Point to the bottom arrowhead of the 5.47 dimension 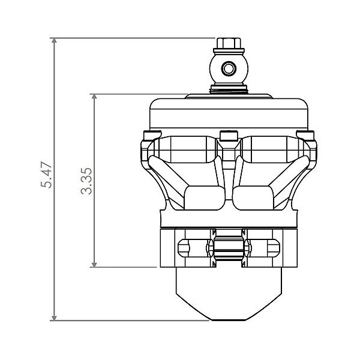(55, 317)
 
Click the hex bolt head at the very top (229, 43)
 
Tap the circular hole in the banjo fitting (228, 69)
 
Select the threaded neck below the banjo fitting (229, 89)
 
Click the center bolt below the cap (228, 135)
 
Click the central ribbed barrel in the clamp (228, 247)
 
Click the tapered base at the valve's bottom (228, 294)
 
